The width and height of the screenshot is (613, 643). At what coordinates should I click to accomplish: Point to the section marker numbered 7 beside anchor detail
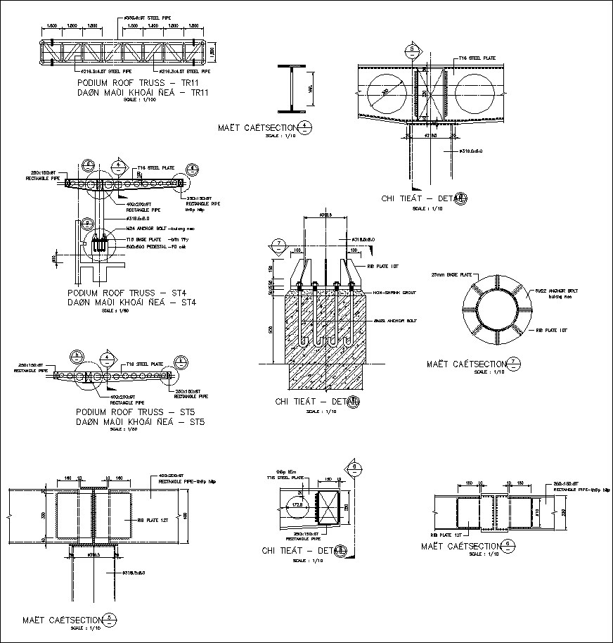tap(278, 245)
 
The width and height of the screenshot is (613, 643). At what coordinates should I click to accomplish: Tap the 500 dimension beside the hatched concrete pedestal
tap(271, 330)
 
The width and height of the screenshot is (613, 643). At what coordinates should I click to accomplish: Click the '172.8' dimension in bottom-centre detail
tap(297, 504)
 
